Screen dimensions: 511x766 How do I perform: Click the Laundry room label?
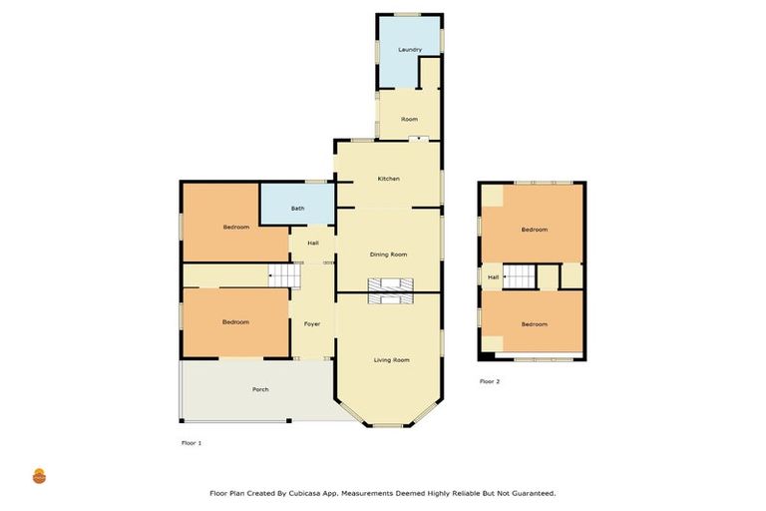point(410,50)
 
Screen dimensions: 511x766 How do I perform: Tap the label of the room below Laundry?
point(409,120)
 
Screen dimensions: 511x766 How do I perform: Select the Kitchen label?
point(388,179)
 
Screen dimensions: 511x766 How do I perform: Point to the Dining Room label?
point(389,255)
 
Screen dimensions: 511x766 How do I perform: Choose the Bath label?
point(297,209)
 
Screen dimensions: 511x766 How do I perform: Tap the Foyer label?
point(312,324)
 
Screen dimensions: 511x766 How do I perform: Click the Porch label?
point(260,389)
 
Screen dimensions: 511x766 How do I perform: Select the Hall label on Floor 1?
point(313,244)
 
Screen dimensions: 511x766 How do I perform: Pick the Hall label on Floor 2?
point(493,276)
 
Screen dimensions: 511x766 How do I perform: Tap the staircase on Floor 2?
point(519,276)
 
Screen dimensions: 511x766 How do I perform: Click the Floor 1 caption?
point(191,442)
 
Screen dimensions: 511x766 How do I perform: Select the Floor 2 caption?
point(490,381)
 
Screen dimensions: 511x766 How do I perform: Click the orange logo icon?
point(40,476)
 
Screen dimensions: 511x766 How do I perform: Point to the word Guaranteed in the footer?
point(531,493)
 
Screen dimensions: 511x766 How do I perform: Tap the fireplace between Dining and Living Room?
point(389,290)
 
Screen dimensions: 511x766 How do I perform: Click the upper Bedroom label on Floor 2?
point(535,230)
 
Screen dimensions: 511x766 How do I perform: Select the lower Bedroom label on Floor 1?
point(235,322)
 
